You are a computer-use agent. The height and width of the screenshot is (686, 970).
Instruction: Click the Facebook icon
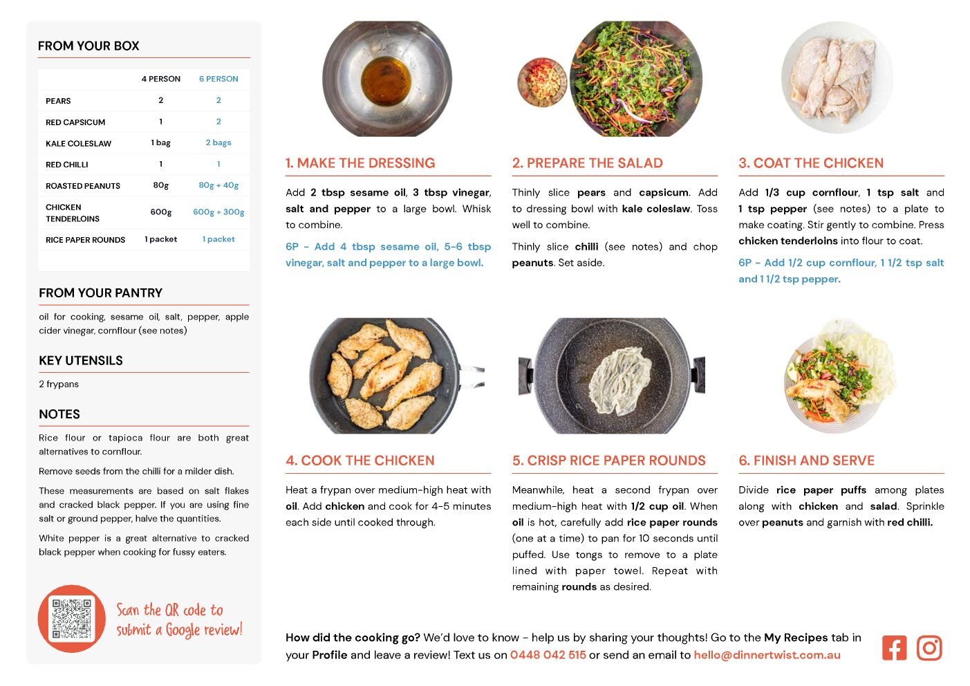pyautogui.click(x=894, y=648)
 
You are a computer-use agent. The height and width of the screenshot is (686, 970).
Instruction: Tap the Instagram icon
pyautogui.click(x=929, y=648)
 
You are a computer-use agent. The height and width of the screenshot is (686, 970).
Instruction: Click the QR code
pyautogui.click(x=71, y=619)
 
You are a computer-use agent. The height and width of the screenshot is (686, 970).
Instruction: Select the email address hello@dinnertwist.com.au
pyautogui.click(x=767, y=655)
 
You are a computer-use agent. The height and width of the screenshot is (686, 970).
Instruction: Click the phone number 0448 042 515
pyautogui.click(x=548, y=655)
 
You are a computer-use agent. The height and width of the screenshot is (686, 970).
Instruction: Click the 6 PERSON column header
pyautogui.click(x=218, y=79)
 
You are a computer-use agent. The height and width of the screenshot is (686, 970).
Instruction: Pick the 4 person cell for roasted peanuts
pyautogui.click(x=160, y=185)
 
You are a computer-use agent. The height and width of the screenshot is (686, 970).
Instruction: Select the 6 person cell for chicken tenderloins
pyautogui.click(x=218, y=212)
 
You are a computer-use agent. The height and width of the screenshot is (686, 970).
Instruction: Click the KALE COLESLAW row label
pyautogui.click(x=78, y=143)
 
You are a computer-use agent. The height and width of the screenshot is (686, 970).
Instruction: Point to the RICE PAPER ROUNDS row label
pyautogui.click(x=85, y=240)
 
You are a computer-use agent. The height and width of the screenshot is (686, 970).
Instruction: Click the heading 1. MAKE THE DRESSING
pyautogui.click(x=360, y=163)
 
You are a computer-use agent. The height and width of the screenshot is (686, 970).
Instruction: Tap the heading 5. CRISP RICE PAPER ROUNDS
pyautogui.click(x=609, y=461)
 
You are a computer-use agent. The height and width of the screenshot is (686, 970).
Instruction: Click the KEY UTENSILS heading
pyautogui.click(x=81, y=361)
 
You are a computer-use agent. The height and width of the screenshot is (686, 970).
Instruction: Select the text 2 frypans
pyautogui.click(x=59, y=384)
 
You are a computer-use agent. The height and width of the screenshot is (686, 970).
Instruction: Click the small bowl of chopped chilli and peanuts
pyautogui.click(x=542, y=82)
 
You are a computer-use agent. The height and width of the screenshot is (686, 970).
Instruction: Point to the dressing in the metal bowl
pyautogui.click(x=386, y=81)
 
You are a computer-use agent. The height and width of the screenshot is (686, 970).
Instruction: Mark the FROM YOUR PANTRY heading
pyautogui.click(x=100, y=293)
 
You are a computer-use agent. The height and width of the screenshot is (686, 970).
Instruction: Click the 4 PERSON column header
pyautogui.click(x=160, y=79)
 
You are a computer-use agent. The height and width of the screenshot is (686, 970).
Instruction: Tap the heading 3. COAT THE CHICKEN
pyautogui.click(x=811, y=163)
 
